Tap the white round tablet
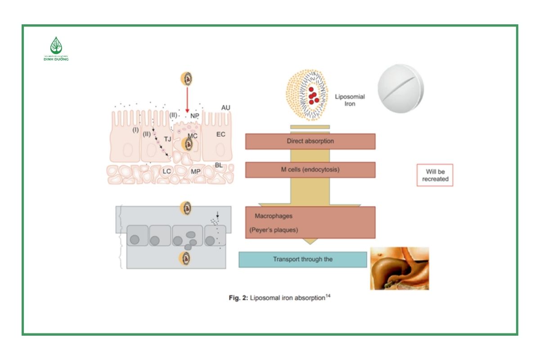point(400,88)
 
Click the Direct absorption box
point(310,141)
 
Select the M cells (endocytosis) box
point(310,170)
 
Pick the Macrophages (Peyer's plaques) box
point(310,222)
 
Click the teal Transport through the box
point(302,260)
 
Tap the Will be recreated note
point(435,175)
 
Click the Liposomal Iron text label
point(350,100)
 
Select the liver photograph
point(399,268)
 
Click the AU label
point(225,108)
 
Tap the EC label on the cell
point(220,134)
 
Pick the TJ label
point(167,139)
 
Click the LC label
point(166,171)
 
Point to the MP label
point(195,171)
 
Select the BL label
point(219,165)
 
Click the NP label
point(194,116)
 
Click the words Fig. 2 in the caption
point(238,298)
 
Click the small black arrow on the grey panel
point(217,215)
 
